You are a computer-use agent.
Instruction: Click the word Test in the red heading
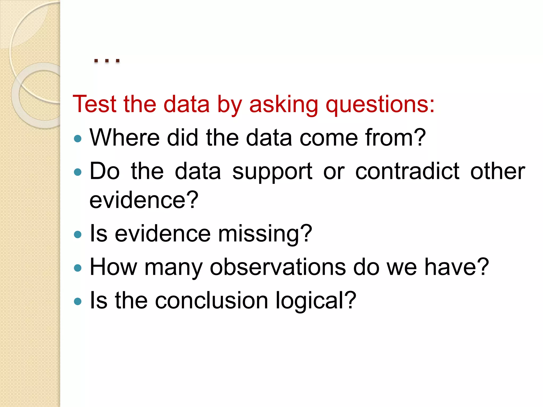95,104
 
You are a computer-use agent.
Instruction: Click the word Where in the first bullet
125,138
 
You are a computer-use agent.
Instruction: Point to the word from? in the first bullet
395,138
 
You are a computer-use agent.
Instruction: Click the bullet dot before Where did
78,139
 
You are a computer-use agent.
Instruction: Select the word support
272,171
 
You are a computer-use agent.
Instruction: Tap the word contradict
407,171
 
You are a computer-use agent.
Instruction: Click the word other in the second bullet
498,171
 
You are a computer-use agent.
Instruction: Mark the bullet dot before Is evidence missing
78,235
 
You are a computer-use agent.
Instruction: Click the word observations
278,267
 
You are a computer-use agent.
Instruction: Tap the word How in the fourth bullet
113,267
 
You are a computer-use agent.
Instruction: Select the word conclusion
211,300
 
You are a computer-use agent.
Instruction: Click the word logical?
316,300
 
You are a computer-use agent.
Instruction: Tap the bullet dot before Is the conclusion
78,301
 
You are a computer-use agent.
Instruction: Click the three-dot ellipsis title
107,61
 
